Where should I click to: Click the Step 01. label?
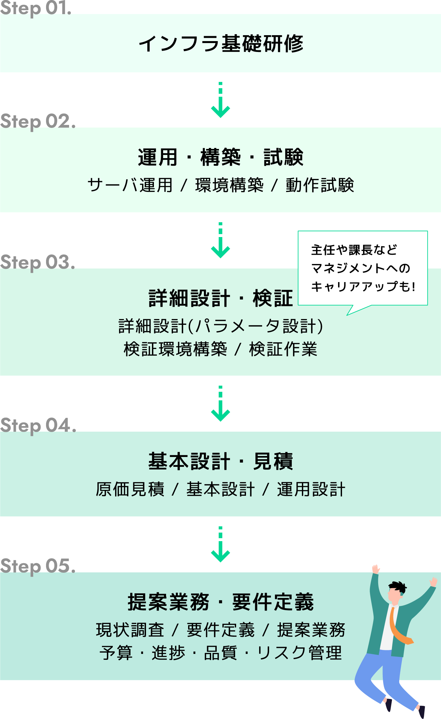pyautogui.click(x=36, y=8)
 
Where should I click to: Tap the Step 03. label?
pyautogui.click(x=37, y=262)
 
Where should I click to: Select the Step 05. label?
pyautogui.click(x=37, y=566)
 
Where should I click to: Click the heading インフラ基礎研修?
pyautogui.click(x=221, y=43)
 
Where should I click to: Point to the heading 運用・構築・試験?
pyautogui.click(x=221, y=157)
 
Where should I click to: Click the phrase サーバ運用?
pyautogui.click(x=130, y=185)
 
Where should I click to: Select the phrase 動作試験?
pyautogui.click(x=320, y=185)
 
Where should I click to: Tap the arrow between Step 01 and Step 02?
pyautogui.click(x=220, y=100)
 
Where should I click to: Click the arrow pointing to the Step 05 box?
pyautogui.click(x=220, y=545)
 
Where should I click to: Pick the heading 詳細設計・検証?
pyautogui.click(x=221, y=298)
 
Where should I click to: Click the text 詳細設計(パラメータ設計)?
pyautogui.click(x=221, y=326)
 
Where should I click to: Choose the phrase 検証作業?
pyautogui.click(x=283, y=349)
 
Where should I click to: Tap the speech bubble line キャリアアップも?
pyautogui.click(x=363, y=287)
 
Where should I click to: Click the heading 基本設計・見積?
pyautogui.click(x=221, y=461)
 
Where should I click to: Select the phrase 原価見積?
pyautogui.click(x=130, y=489)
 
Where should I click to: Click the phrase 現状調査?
pyautogui.click(x=130, y=630)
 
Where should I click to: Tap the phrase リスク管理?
pyautogui.click(x=299, y=653)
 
